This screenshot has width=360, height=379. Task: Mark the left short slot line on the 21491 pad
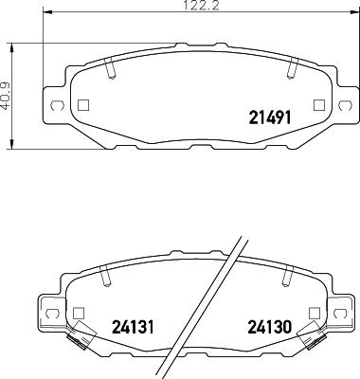110,68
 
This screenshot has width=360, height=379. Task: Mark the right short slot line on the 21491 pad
292,68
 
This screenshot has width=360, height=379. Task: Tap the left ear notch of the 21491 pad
54,105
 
